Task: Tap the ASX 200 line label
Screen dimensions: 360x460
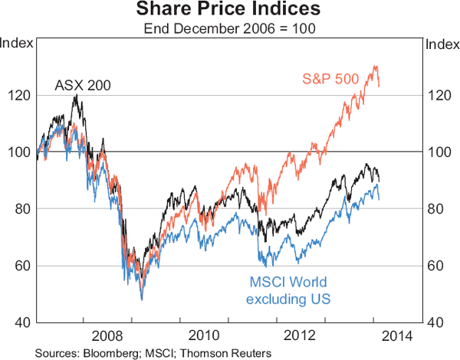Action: pyautogui.click(x=83, y=85)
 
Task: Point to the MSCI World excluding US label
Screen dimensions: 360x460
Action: pyautogui.click(x=288, y=290)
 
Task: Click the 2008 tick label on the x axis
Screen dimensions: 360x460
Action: pyautogui.click(x=107, y=335)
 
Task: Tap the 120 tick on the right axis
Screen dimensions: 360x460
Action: pyautogui.click(x=437, y=96)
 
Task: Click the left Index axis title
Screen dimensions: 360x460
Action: pyautogui.click(x=18, y=43)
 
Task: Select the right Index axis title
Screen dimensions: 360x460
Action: pyautogui.click(x=442, y=43)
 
